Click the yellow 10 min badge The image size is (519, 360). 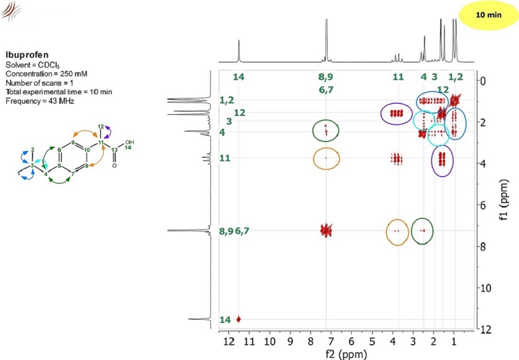click(488, 15)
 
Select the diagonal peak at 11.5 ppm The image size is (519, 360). click(239, 319)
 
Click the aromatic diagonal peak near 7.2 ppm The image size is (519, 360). click(326, 230)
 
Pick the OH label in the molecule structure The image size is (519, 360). click(123, 142)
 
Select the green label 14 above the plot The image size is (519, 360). click(239, 78)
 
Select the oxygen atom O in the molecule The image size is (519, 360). click(114, 172)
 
